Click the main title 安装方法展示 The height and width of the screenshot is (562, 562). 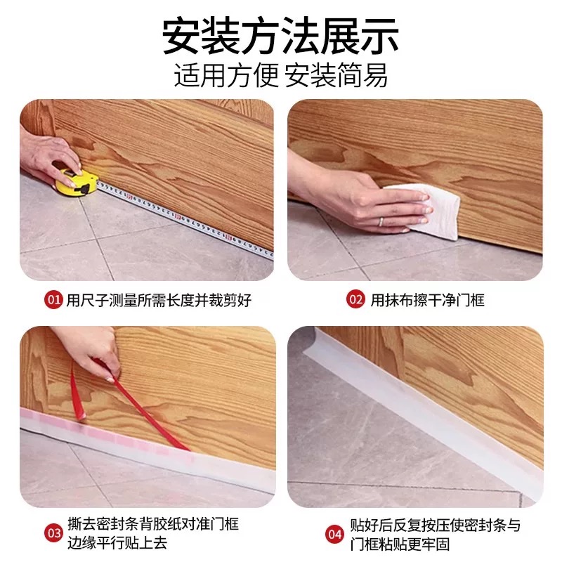coord(281,36)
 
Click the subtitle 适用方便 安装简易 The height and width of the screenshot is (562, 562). coord(281,74)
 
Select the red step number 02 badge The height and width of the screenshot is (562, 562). coord(356,300)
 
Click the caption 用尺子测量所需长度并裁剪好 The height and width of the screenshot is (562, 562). coord(158,300)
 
